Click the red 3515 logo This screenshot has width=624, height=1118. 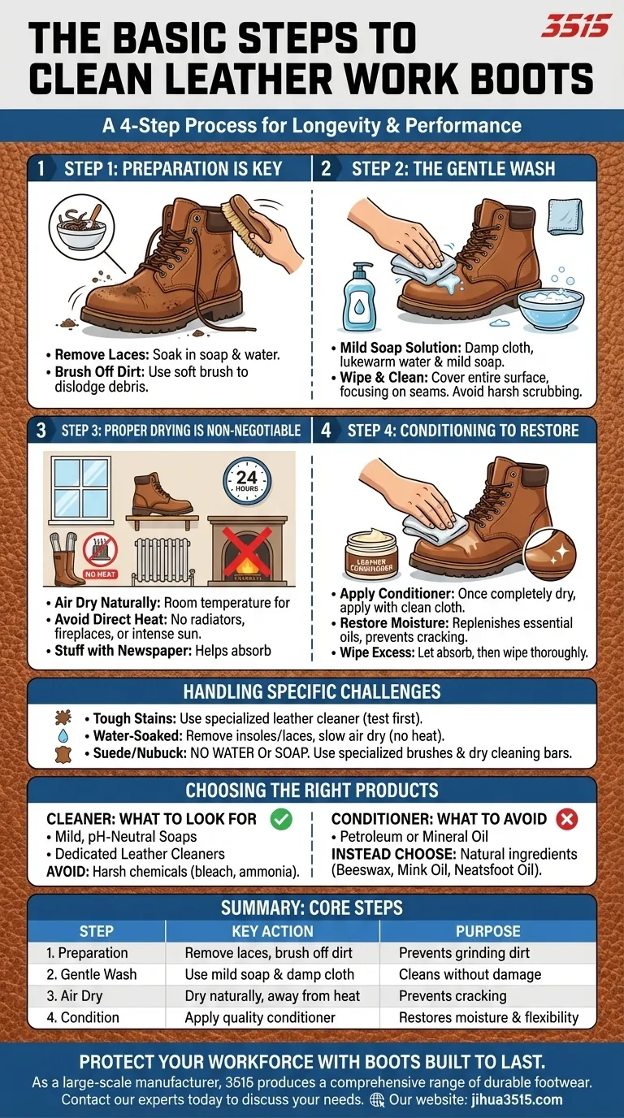575,26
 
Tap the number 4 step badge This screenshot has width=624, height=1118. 326,430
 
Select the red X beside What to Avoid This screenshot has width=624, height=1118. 566,819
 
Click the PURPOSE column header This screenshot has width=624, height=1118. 488,931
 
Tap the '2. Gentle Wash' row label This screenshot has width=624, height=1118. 92,974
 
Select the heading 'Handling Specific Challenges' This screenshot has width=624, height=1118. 312,691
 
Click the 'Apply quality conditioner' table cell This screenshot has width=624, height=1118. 260,1017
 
